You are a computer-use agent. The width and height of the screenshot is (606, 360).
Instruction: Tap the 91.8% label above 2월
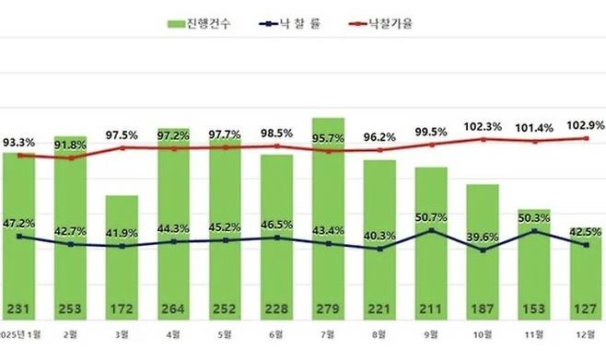(x=70, y=143)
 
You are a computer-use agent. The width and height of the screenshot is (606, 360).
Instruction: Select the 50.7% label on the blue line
(x=432, y=217)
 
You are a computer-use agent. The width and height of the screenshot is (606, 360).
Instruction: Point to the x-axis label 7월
(x=328, y=336)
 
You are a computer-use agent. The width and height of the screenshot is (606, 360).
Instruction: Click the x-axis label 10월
(x=483, y=336)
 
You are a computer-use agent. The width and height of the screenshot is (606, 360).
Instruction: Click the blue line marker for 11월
(x=533, y=231)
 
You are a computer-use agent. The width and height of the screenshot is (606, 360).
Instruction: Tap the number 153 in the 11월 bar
(x=533, y=308)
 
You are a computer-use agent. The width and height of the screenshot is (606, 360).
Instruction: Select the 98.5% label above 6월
(x=275, y=134)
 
